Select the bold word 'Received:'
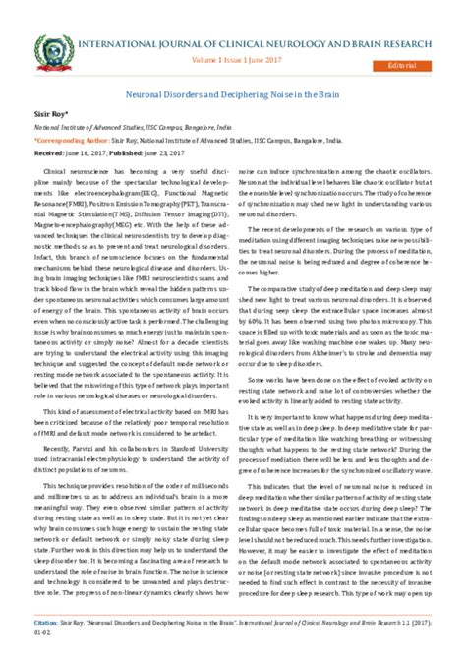click(x=49, y=154)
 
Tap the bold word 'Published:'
click(x=133, y=154)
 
